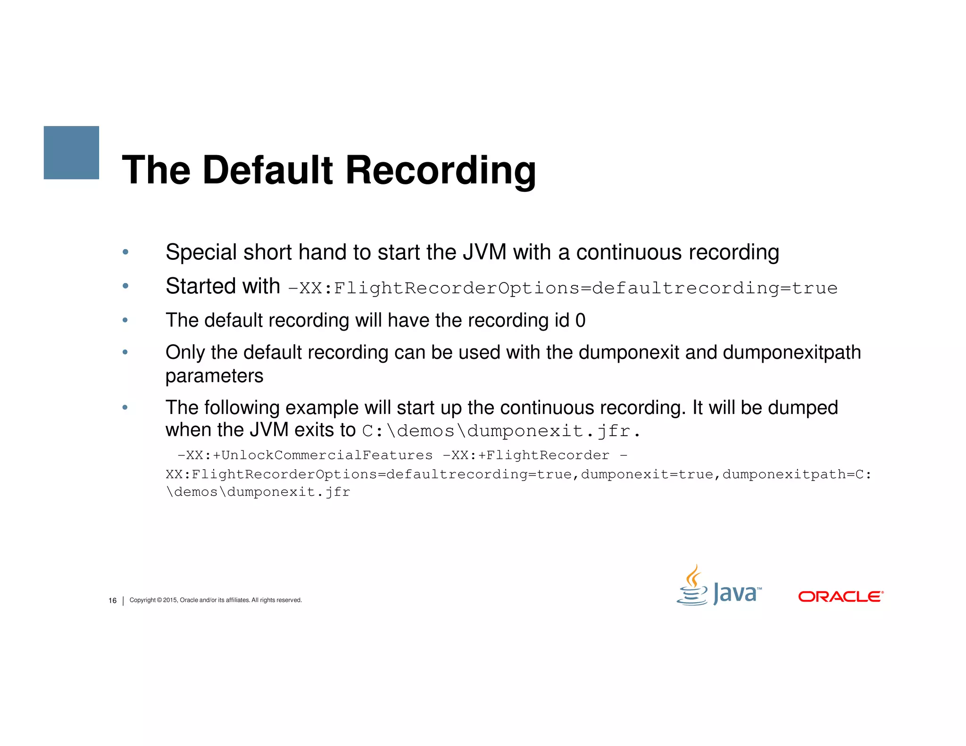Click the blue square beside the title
71,152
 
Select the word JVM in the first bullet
484,252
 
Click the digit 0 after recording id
580,321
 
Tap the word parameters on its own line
214,376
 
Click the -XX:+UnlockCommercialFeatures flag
305,456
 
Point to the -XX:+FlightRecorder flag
525,456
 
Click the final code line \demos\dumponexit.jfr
258,492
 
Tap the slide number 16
112,601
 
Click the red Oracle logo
840,597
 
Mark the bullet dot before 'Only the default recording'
125,352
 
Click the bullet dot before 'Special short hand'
125,252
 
